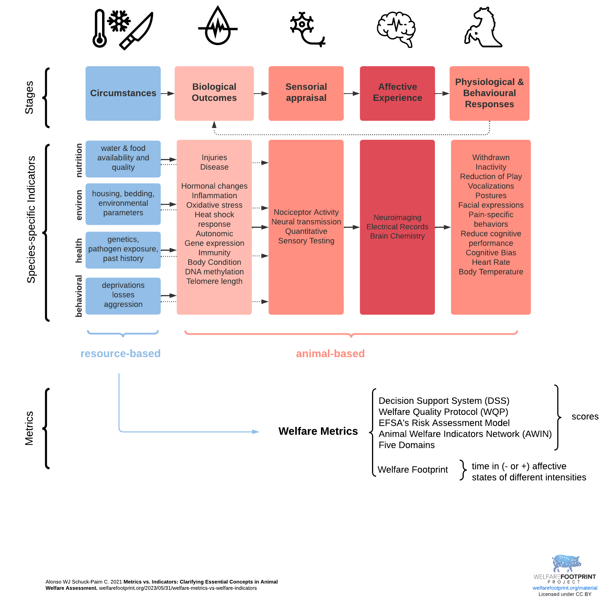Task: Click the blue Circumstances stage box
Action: (x=123, y=93)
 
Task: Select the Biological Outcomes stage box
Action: (x=214, y=93)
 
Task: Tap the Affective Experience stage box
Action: (x=397, y=93)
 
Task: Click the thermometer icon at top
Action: (x=99, y=29)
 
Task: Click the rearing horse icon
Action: (x=483, y=28)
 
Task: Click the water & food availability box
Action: (x=123, y=158)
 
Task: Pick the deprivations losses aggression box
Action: (x=123, y=295)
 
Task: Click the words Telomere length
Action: (x=214, y=281)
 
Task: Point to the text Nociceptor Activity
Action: (x=306, y=212)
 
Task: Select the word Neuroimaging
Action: (x=397, y=217)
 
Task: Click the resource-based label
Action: (x=121, y=354)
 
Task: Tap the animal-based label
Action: (x=330, y=354)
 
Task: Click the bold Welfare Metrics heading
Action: (x=318, y=431)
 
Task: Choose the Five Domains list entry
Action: (x=406, y=445)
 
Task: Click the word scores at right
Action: (x=585, y=417)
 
